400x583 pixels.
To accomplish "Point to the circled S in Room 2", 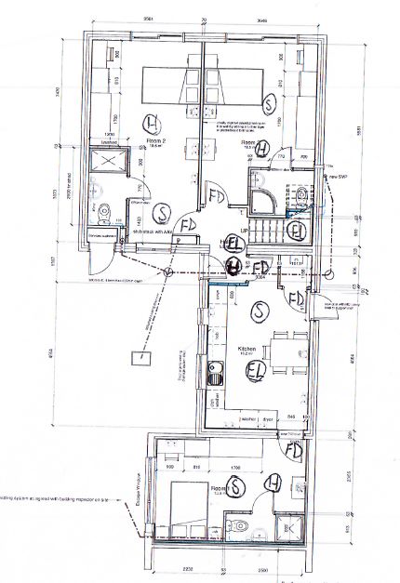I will pyautogui.click(x=162, y=212).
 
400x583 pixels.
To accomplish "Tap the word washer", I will pyautogui.click(x=249, y=420).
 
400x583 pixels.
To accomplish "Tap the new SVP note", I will pyautogui.click(x=338, y=176).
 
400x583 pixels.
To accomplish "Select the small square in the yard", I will pyautogui.click(x=137, y=356).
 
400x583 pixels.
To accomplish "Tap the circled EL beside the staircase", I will pyautogui.click(x=298, y=229).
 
